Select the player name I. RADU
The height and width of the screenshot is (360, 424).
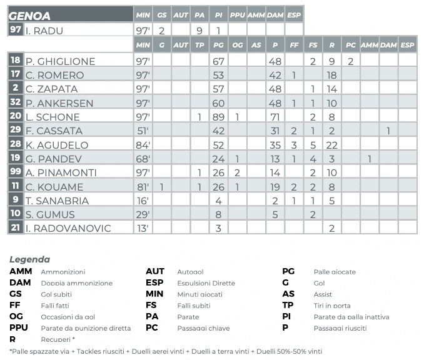coord(44,30)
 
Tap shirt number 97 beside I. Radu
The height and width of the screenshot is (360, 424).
coord(16,29)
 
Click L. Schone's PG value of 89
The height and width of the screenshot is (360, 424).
coord(218,117)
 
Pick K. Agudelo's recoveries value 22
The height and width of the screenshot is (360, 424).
coord(332,145)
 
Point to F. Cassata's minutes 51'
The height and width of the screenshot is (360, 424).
coord(143,131)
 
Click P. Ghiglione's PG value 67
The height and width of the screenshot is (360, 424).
coord(218,61)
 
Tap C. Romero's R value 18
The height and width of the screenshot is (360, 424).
coord(332,75)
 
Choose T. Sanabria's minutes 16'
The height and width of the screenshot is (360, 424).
coord(143,201)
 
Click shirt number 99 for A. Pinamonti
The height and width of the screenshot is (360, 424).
coord(16,172)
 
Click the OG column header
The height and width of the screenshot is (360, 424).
coord(237,45)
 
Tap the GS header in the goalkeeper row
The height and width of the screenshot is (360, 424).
coord(162,14)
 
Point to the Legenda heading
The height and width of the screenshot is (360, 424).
coord(29,259)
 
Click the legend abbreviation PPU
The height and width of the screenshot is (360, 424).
coord(19,327)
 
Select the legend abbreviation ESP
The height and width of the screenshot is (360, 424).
coord(154,282)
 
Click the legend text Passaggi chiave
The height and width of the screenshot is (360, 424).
coord(203,328)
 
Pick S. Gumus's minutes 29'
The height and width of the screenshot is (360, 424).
coord(143,214)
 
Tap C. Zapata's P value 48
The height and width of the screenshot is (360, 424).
coord(275,89)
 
